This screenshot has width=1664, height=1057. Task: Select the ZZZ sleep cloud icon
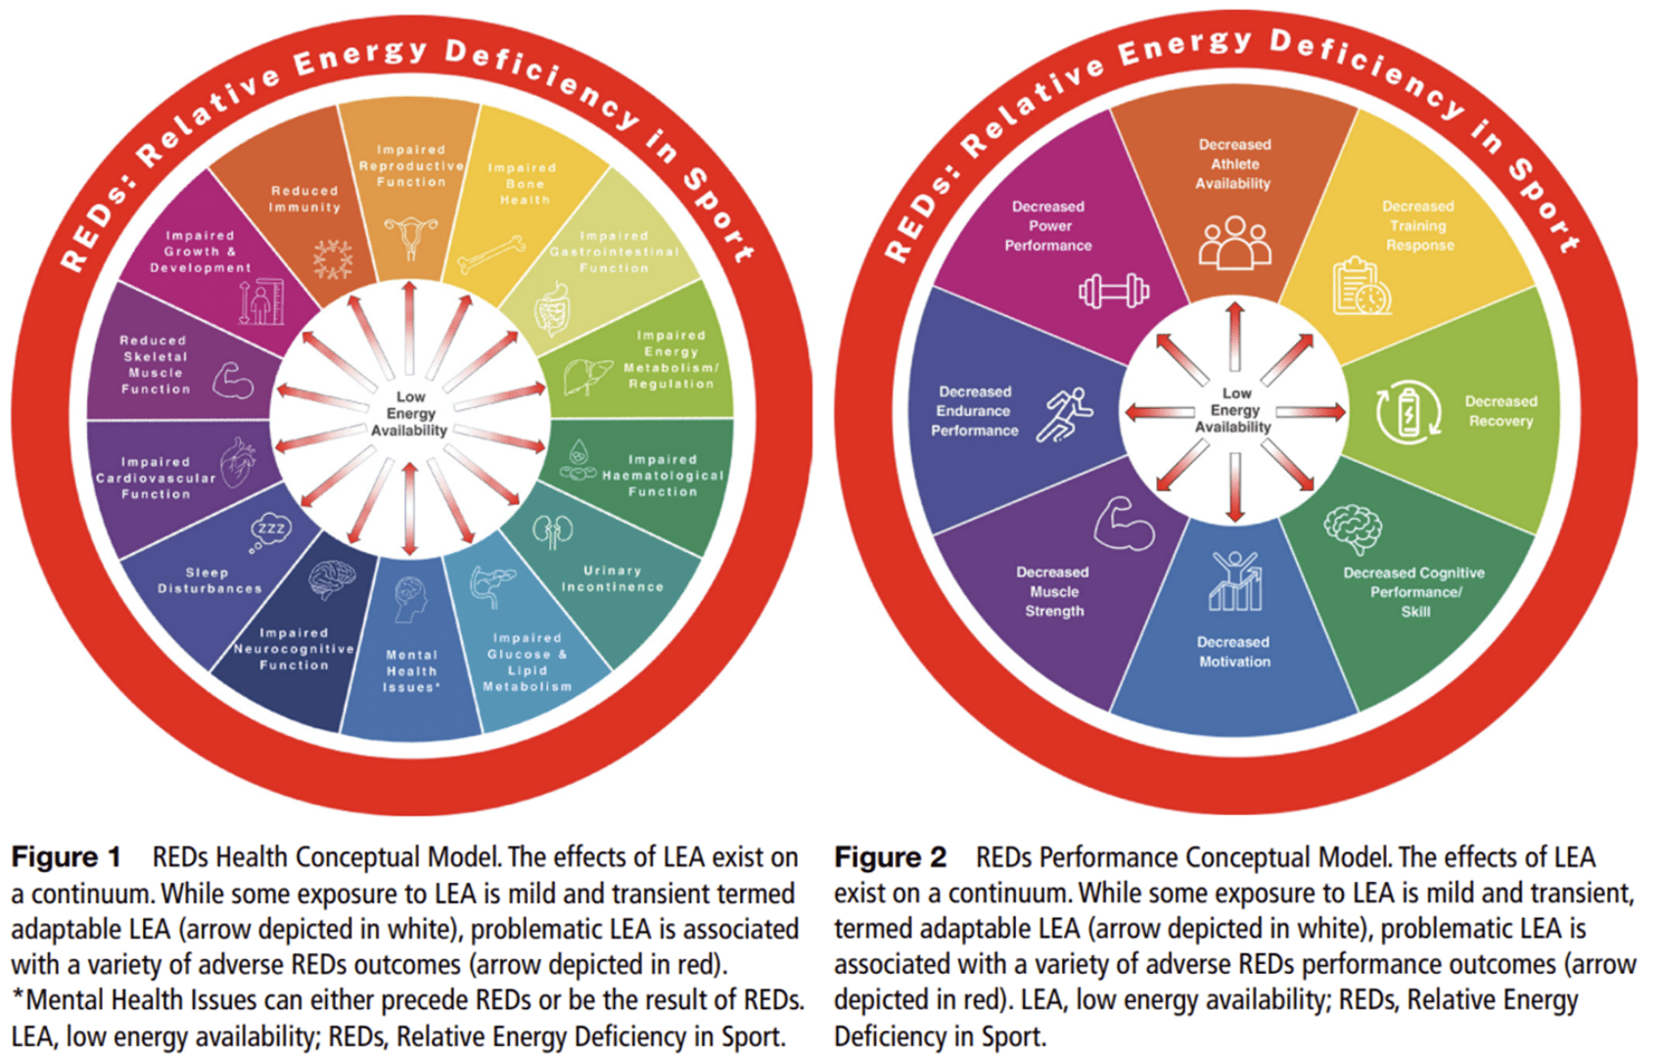pos(269,530)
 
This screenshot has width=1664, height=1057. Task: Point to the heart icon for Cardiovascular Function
pos(238,462)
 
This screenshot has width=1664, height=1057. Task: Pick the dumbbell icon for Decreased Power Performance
pos(1113,291)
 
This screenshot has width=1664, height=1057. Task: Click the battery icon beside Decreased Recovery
pos(1408,412)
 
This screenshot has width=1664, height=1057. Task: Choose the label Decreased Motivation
pos(1234,652)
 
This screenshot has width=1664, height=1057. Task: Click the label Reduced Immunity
pos(304,199)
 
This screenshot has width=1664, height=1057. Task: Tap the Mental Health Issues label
pos(411,671)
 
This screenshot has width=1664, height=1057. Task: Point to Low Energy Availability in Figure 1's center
pos(410,413)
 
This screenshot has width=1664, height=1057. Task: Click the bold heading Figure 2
pos(890,857)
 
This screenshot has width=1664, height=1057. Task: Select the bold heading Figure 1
pos(66,857)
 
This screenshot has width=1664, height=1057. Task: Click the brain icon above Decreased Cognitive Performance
pos(1353,528)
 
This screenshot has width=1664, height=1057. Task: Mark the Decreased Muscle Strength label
pos(1053,591)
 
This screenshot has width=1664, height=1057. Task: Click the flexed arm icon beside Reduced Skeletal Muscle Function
pos(233,380)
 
